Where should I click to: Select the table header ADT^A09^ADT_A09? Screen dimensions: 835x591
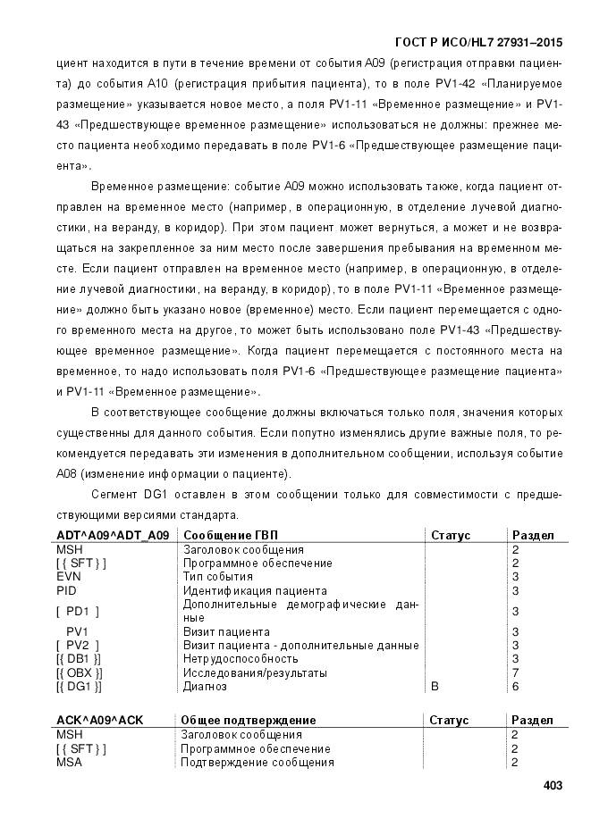[113, 536]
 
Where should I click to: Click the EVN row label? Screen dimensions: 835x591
[69, 577]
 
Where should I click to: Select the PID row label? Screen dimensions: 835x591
[67, 590]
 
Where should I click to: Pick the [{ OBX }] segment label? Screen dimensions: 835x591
[79, 672]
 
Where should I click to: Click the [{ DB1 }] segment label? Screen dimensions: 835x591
[78, 659]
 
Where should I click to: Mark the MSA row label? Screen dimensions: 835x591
[69, 763]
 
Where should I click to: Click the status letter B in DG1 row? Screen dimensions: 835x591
[435, 686]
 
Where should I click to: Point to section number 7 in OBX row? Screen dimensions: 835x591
[516, 672]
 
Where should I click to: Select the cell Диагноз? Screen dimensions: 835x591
[205, 686]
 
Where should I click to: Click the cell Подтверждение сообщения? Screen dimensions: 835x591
[258, 763]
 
